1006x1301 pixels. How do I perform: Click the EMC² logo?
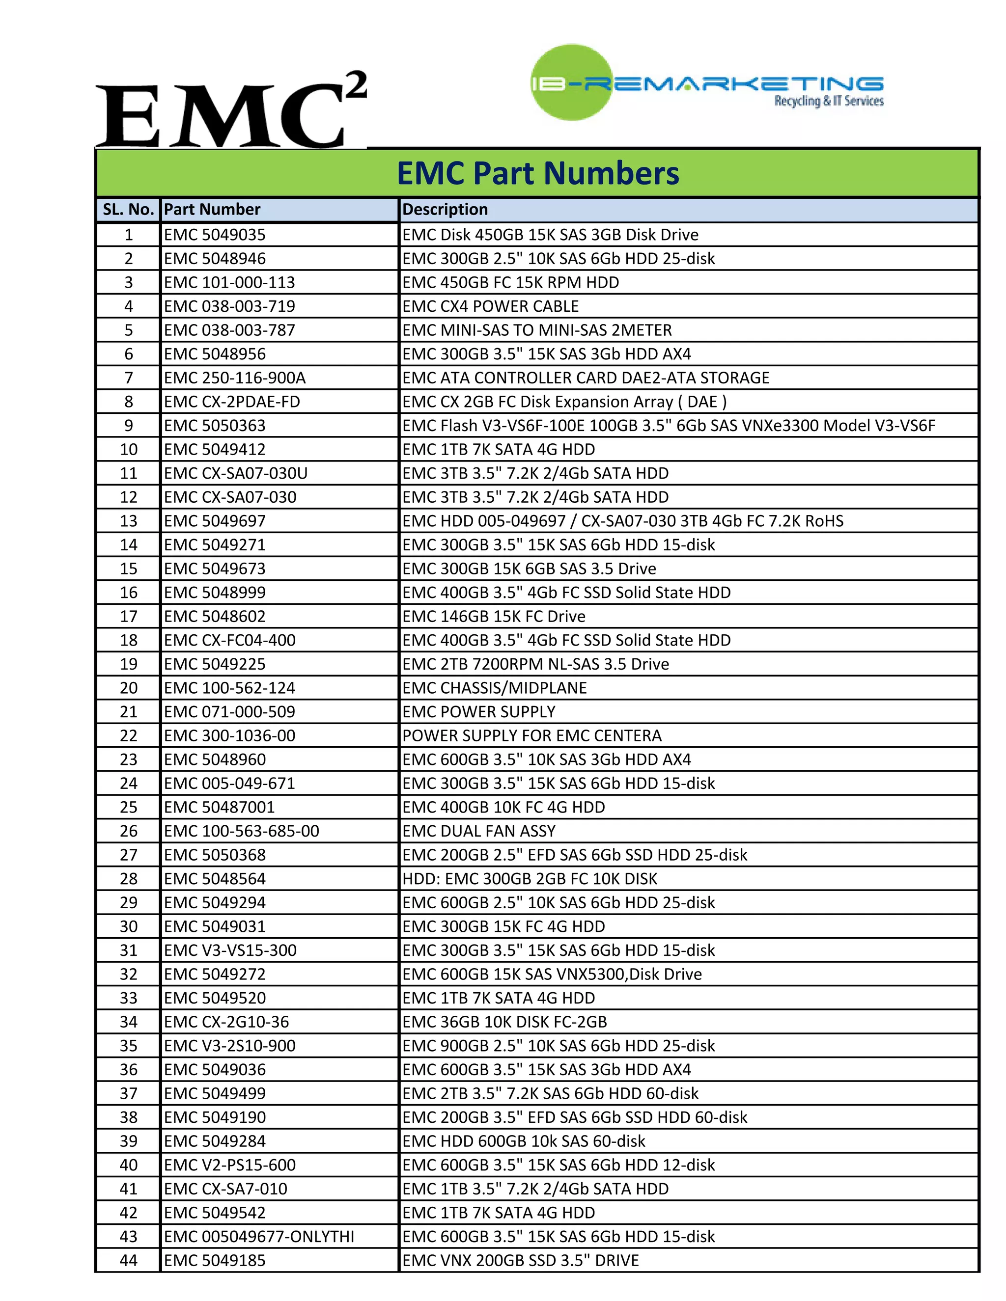click(x=231, y=110)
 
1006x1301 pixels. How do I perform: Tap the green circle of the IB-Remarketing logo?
click(x=571, y=82)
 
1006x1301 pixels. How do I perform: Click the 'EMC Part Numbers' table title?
click(x=537, y=173)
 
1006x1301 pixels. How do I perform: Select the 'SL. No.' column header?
click(x=128, y=210)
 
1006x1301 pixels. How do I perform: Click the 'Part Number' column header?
click(x=212, y=210)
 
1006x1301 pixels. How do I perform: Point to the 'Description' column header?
click(x=445, y=210)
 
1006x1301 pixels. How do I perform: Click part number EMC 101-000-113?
click(x=229, y=282)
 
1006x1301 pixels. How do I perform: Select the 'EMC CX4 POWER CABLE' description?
click(x=491, y=306)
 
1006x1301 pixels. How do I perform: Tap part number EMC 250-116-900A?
click(x=235, y=378)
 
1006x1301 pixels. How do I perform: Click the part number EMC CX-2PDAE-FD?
click(x=232, y=402)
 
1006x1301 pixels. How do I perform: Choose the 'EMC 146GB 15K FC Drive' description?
click(x=494, y=617)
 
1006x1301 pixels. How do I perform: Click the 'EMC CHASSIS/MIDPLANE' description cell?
click(x=495, y=688)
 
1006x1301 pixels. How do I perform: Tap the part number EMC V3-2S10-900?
click(x=229, y=1045)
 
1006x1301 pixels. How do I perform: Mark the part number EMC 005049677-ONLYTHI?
click(x=259, y=1236)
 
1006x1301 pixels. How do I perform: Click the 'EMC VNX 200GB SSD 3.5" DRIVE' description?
click(x=520, y=1260)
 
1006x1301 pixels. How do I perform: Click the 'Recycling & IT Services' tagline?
click(x=828, y=101)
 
